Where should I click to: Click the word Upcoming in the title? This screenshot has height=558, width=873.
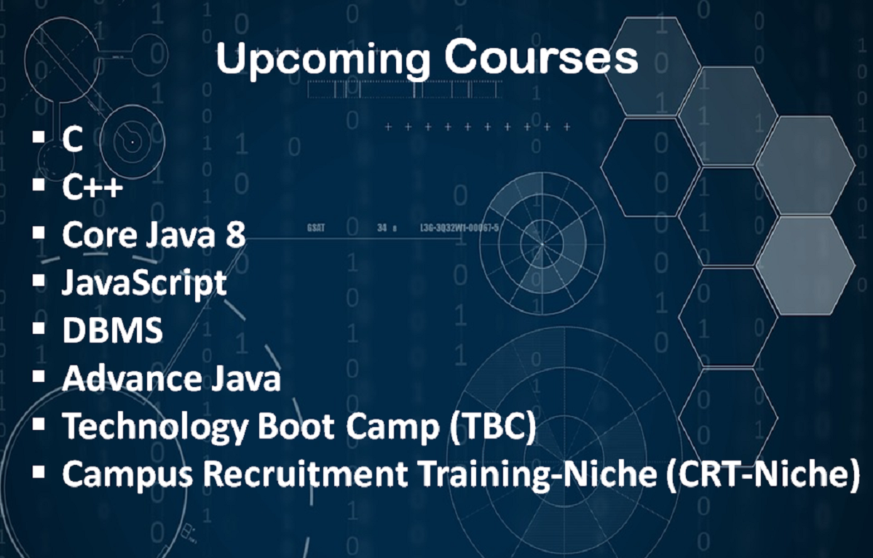click(x=323, y=59)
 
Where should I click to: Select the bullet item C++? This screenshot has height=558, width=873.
click(x=92, y=187)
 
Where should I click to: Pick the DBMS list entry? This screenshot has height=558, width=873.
click(x=112, y=330)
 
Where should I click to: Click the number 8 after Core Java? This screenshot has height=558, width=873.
click(x=235, y=235)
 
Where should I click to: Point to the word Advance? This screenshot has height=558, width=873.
click(x=132, y=378)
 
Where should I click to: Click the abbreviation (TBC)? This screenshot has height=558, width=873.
click(x=493, y=426)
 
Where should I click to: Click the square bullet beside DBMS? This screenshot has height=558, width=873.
click(x=39, y=327)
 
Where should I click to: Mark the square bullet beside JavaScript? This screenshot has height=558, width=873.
click(x=39, y=280)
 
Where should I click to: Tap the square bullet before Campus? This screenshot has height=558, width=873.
click(x=39, y=471)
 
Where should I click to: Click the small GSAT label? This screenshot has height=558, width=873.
click(x=316, y=228)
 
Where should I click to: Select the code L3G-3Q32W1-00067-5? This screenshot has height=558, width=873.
click(x=459, y=228)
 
